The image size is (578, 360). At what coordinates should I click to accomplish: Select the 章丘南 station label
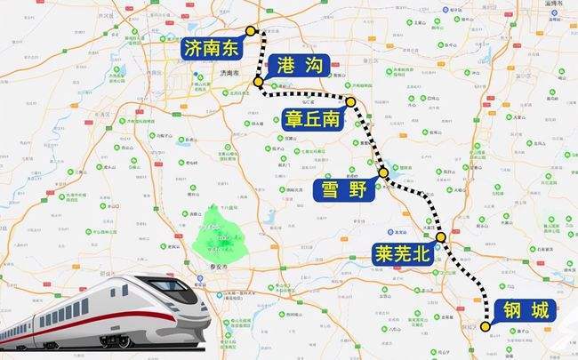pos(313,118)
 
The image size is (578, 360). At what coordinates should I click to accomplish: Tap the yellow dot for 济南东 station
pos(251,30)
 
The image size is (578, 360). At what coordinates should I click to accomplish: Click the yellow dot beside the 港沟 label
pos(258,83)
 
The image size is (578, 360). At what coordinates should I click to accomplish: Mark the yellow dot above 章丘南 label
pos(351,102)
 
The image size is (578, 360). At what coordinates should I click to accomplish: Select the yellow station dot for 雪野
pos(383,172)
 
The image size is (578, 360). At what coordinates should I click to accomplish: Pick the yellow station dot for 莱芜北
pos(441,238)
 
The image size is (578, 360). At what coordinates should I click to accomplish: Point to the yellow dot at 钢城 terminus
pos(486,326)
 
